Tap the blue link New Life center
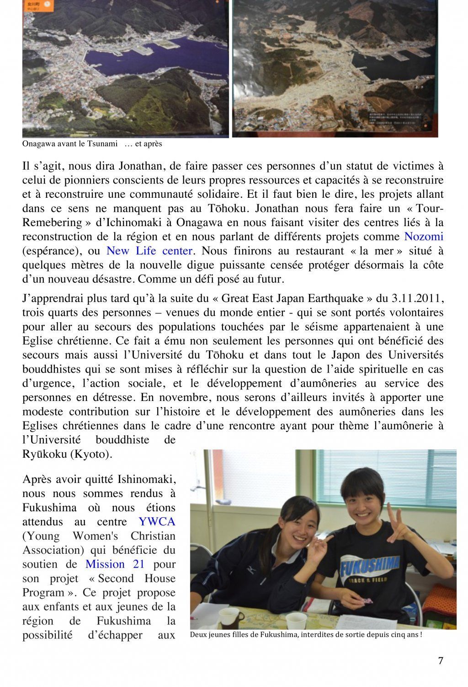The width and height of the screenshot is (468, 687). pos(149,251)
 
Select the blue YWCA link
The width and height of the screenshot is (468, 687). pos(157,522)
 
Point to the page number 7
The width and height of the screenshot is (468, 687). pos(441,660)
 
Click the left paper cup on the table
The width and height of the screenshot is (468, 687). pos(228,618)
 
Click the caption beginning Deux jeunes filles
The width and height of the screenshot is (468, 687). pos(305,635)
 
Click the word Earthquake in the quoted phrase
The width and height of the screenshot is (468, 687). pos(337,298)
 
